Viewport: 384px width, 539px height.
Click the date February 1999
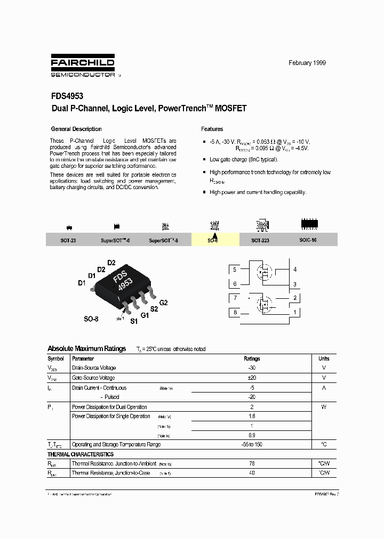coord(307,63)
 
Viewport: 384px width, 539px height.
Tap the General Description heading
coord(76,129)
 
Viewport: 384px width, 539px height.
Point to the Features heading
coord(212,129)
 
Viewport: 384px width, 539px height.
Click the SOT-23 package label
coord(68,241)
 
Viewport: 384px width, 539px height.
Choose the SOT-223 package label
coord(260,241)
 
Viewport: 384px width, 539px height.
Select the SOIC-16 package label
coord(308,240)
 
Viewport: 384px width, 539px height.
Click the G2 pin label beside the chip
coord(163,303)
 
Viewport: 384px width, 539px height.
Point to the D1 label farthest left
coord(82,283)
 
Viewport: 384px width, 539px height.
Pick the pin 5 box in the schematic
coord(235,270)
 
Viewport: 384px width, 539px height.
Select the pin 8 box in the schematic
coord(235,313)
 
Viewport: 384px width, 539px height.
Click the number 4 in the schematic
coord(294,270)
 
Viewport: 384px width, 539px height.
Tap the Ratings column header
coord(252,358)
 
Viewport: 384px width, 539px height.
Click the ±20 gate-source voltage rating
coord(252,378)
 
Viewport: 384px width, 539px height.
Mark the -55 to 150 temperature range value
coord(252,444)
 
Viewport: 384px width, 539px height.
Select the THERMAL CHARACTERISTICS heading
coord(81,454)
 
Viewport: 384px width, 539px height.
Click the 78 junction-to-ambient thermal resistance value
coord(252,464)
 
